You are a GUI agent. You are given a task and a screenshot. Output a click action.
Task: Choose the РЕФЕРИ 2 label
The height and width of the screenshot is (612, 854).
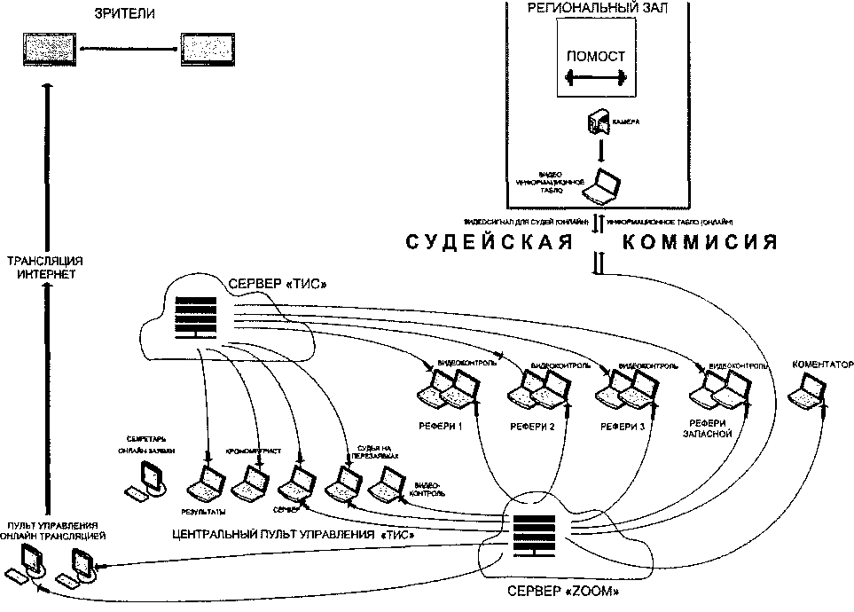(x=533, y=427)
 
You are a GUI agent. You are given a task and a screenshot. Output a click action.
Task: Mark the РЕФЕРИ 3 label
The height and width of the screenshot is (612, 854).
(x=621, y=426)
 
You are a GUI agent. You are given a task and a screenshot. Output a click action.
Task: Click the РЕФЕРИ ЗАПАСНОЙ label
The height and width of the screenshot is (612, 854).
(x=709, y=429)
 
